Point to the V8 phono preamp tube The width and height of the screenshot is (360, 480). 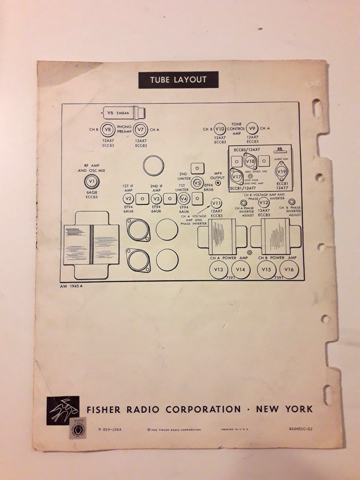click(x=108, y=130)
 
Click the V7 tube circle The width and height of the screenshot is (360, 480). click(x=140, y=130)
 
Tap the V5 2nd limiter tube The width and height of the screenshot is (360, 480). click(x=196, y=183)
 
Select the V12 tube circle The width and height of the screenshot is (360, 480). click(x=264, y=203)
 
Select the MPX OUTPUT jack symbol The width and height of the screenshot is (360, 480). click(x=219, y=182)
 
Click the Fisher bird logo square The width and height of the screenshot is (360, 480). click(x=63, y=410)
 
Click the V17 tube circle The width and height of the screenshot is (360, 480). click(x=236, y=177)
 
